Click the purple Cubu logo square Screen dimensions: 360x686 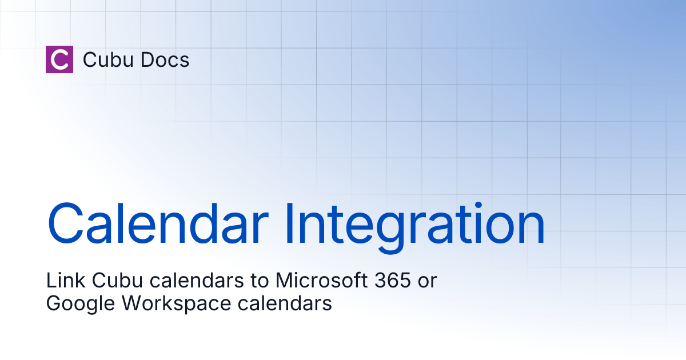coord(59,59)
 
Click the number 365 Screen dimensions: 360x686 coord(392,281)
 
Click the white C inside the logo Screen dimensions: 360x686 coord(59,59)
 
